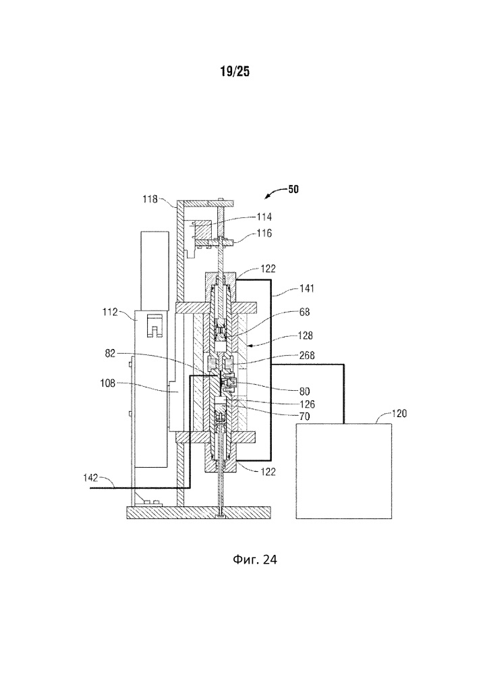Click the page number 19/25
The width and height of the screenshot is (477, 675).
(235, 72)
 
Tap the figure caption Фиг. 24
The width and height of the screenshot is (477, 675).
(254, 559)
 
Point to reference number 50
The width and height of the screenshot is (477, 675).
(293, 189)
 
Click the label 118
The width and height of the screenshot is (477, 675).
(150, 199)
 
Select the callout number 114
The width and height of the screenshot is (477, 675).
(264, 217)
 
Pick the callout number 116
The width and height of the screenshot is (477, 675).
(264, 233)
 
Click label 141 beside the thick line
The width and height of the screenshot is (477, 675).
(307, 288)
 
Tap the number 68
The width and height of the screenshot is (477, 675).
(304, 311)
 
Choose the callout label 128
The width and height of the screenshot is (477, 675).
(306, 335)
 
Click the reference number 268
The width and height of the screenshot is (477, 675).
(307, 355)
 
